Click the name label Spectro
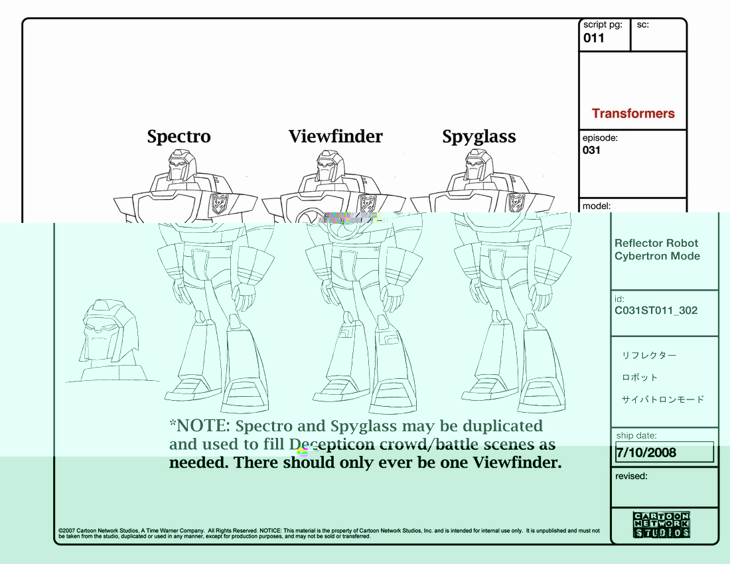click(179, 137)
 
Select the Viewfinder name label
click(335, 137)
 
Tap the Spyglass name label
click(478, 137)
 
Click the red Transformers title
click(632, 113)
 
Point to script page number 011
click(594, 38)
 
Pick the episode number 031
click(591, 150)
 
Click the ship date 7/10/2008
click(646, 453)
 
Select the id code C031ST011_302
click(656, 310)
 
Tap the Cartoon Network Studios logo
click(662, 525)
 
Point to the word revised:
click(631, 476)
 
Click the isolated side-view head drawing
click(110, 332)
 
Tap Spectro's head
click(181, 164)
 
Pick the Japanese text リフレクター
click(648, 356)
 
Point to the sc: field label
click(642, 25)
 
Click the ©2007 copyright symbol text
click(66, 531)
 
